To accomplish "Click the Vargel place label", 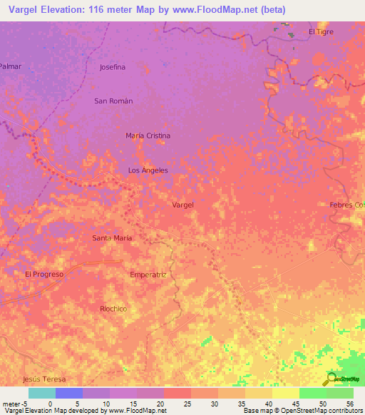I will click(x=183, y=205).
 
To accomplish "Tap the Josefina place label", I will click(x=113, y=67).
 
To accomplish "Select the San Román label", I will click(x=113, y=101).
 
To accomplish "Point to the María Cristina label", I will click(x=148, y=135).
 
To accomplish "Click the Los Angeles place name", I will click(x=148, y=170).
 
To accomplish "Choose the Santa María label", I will click(x=113, y=238).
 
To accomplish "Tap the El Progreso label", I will click(x=44, y=274).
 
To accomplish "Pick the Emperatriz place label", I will click(x=148, y=274).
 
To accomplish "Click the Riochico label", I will click(x=113, y=309).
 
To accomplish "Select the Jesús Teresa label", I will click(x=44, y=379).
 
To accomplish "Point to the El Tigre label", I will click(x=321, y=32).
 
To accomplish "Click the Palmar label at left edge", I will click(x=11, y=66).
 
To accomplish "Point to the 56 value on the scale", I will click(x=349, y=404).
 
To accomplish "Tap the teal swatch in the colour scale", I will click(x=41, y=393).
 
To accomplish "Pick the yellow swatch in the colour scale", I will click(x=285, y=393).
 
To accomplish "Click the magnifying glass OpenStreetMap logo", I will click(x=332, y=379).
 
